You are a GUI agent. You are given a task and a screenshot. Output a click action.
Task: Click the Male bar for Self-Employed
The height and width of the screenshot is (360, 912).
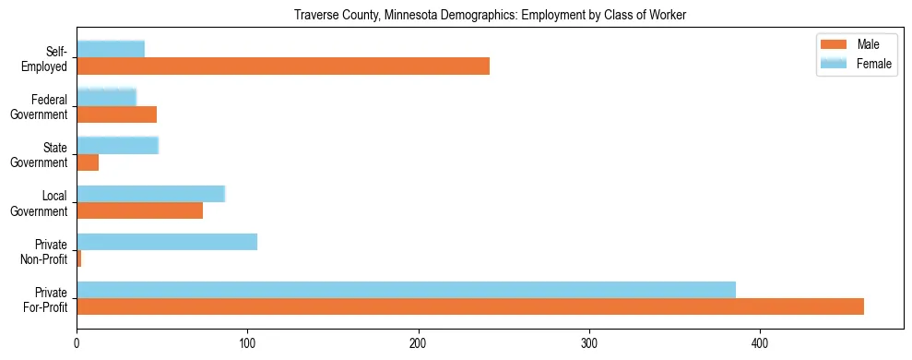pyautogui.click(x=283, y=66)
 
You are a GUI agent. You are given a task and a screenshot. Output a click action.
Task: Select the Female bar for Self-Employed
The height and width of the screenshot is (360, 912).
pyautogui.click(x=111, y=49)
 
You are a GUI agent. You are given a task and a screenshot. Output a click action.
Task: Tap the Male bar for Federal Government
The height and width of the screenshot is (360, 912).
pyautogui.click(x=116, y=114)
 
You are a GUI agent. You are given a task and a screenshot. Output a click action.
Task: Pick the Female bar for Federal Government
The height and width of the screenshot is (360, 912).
pyautogui.click(x=106, y=97)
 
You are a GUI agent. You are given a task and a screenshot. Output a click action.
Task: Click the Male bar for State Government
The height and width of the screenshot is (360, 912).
pyautogui.click(x=88, y=162)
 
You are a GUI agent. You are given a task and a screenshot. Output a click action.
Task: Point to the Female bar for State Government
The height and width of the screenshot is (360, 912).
pyautogui.click(x=117, y=145)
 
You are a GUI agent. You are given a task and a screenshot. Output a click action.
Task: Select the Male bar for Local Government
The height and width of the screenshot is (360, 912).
pyautogui.click(x=139, y=210)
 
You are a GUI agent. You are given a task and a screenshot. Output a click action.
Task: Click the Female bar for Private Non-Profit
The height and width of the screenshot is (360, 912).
pyautogui.click(x=167, y=241)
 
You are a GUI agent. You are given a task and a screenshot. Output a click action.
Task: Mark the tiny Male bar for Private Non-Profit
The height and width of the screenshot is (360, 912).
pyautogui.click(x=78, y=258)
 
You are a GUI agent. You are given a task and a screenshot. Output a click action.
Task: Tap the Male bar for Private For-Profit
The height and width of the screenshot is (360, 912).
pyautogui.click(x=470, y=306)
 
